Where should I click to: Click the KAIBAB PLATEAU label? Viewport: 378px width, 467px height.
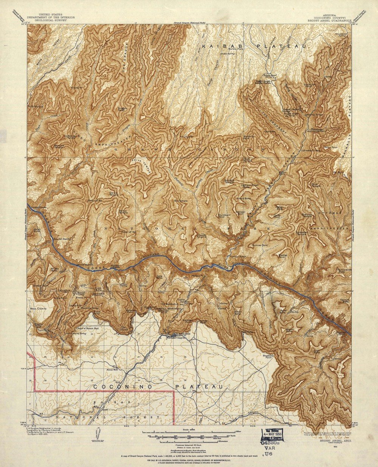253,46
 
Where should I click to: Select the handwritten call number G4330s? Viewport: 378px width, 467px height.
270,442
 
